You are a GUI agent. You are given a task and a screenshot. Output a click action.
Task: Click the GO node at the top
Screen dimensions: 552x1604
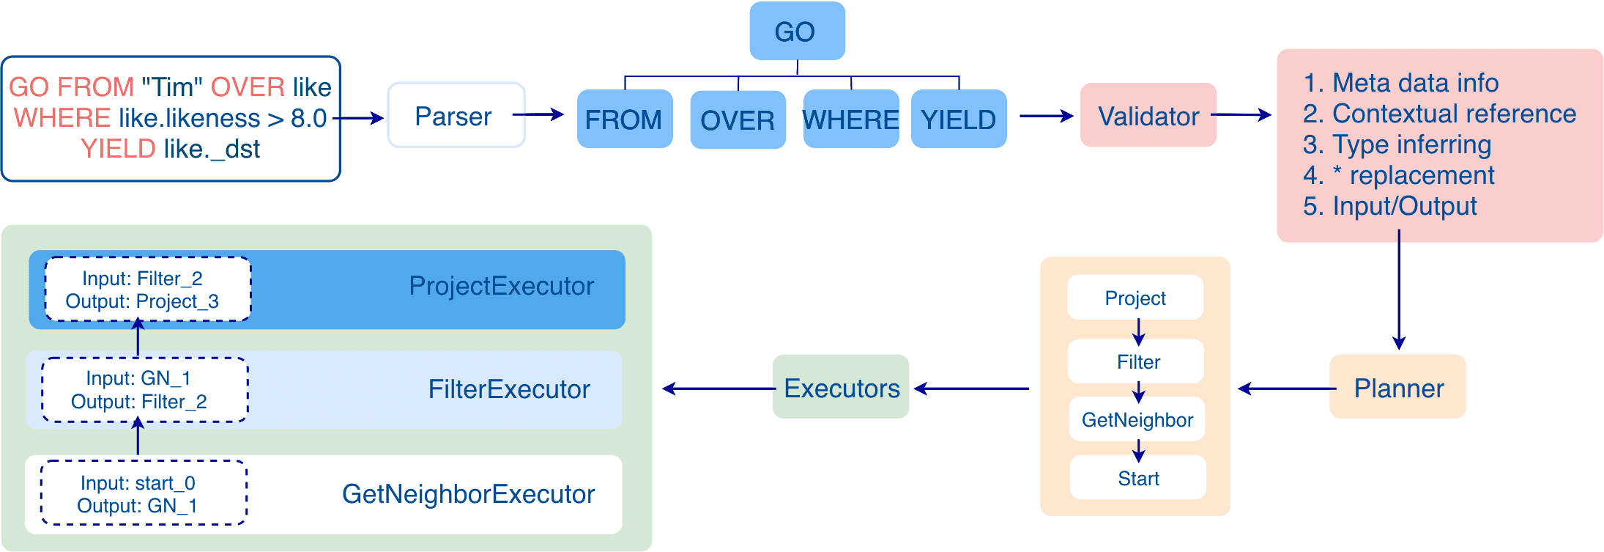coord(797,32)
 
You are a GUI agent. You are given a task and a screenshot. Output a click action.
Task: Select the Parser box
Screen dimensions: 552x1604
coord(455,116)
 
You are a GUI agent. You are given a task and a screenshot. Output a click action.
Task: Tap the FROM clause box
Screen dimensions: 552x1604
coord(624,119)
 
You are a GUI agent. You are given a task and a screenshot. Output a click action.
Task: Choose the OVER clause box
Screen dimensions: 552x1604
coord(738,119)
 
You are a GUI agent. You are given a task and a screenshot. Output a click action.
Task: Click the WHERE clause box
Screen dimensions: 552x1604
coord(850,119)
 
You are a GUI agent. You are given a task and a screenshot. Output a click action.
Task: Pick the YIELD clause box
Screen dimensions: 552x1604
coord(958,119)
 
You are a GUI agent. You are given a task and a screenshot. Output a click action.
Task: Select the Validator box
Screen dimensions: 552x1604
coord(1148,116)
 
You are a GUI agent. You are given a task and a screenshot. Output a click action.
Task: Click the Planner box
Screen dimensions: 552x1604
coord(1397,387)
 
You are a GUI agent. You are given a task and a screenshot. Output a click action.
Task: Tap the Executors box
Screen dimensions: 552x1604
coord(841,387)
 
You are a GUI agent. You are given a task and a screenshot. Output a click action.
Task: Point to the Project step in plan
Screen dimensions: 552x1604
coord(1135,298)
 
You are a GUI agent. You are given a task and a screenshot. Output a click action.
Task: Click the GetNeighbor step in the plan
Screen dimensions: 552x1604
coord(1137,419)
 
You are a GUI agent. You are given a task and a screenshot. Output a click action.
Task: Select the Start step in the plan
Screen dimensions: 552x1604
coord(1138,478)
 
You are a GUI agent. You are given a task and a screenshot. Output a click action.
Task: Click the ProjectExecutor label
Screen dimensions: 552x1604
coord(501,286)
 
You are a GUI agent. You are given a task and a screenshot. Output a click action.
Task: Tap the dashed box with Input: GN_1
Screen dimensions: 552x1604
coord(144,390)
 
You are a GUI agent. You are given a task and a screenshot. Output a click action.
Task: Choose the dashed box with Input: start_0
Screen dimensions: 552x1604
coord(143,493)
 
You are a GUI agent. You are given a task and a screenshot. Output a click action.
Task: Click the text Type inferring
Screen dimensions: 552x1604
coord(1411,144)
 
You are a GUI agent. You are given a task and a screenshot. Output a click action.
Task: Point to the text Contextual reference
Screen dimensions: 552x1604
coord(1453,114)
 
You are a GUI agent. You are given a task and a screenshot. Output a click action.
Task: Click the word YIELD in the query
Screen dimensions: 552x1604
coord(118,149)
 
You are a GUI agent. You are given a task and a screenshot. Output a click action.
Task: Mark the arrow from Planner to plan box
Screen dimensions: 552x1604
coord(1285,389)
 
